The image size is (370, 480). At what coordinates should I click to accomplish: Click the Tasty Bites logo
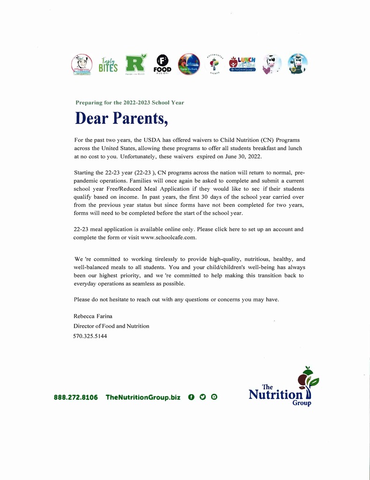coord(108,65)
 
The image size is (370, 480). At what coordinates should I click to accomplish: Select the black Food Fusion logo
coord(162,64)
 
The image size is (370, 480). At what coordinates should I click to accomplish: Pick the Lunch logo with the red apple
coord(242,64)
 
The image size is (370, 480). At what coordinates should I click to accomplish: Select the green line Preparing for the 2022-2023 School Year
coord(130,102)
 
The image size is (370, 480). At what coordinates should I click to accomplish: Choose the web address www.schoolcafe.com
coord(168,237)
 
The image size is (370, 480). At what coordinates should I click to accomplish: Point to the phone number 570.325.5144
coord(90,336)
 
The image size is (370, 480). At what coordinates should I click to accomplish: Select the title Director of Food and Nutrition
coord(111,326)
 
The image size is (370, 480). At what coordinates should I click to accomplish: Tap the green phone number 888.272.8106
coord(76,397)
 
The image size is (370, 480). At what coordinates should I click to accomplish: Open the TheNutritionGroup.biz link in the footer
coord(143,397)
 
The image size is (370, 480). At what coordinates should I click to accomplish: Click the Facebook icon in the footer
coord(191,397)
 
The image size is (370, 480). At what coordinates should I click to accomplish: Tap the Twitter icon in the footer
coord(202,397)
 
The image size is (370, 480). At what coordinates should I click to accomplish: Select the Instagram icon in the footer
coord(214,397)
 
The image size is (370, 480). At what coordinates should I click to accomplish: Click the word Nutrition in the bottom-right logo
coord(275,395)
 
